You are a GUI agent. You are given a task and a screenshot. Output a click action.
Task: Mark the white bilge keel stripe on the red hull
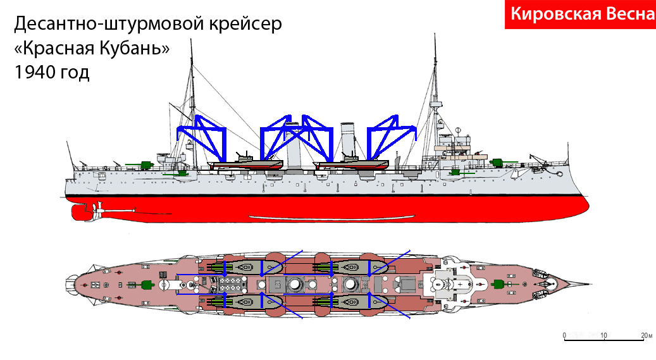click(331, 217)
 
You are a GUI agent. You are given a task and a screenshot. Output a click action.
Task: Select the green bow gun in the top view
click(497, 284)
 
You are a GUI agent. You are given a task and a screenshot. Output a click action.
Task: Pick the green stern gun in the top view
click(144, 285)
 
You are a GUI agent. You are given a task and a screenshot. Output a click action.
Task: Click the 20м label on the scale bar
click(647, 335)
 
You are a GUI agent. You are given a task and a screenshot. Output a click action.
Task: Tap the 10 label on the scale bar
click(603, 335)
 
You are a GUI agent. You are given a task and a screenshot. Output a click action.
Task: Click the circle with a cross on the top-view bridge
click(460, 284)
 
